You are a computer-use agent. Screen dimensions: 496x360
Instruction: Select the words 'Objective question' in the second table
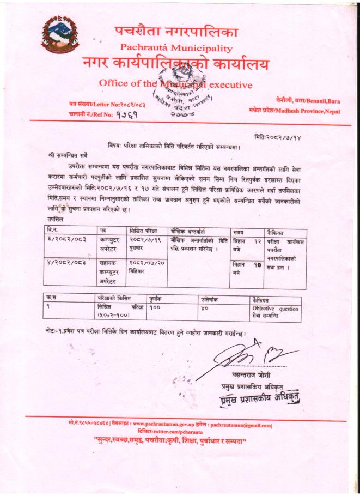point(275,309)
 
